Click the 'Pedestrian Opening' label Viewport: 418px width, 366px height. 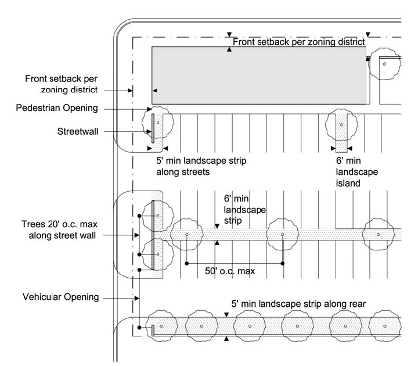57,108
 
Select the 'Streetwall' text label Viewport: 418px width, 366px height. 78,131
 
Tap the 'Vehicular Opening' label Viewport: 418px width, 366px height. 60,297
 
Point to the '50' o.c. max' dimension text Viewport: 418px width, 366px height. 230,271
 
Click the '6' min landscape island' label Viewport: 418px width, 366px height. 356,172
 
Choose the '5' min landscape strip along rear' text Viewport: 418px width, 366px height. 298,304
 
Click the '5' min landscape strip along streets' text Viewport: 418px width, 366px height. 201,166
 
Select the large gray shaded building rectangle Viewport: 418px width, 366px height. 259,76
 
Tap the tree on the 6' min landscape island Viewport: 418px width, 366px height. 341,124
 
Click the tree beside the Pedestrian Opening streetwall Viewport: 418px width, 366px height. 158,123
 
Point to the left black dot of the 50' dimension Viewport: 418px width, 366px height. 187,264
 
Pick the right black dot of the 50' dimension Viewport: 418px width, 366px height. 283,264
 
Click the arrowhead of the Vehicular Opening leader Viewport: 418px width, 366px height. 137,298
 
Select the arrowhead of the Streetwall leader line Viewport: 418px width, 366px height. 149,131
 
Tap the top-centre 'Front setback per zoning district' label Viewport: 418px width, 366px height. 298,42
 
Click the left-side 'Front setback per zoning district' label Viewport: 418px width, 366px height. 62,84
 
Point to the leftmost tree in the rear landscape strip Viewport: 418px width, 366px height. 161,326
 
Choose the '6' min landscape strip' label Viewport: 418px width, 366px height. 245,210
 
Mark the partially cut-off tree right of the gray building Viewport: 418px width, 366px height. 385,64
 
